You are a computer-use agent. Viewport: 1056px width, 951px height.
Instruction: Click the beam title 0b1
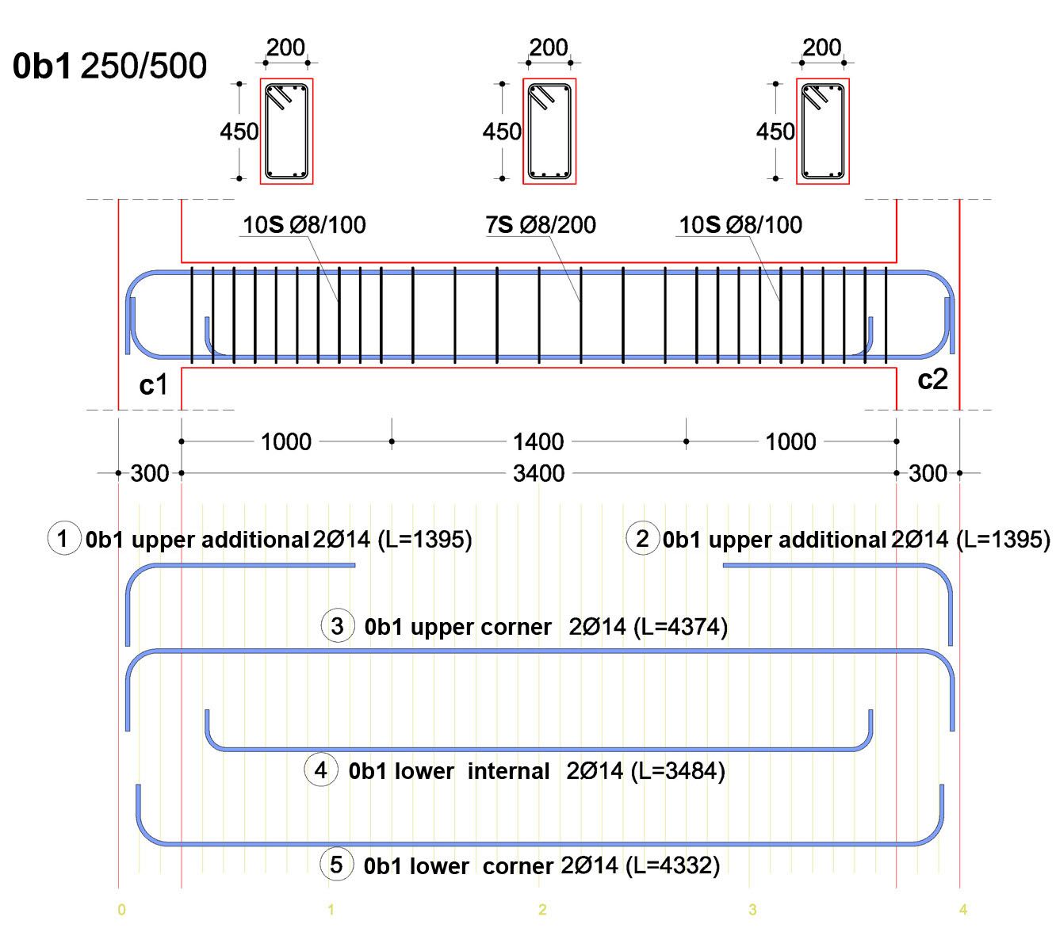tap(41, 67)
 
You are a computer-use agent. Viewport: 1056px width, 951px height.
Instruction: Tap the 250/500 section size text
tap(143, 67)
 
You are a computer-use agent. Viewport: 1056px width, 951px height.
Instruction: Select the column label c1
tap(153, 384)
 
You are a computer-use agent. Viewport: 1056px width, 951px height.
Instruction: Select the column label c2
tap(932, 380)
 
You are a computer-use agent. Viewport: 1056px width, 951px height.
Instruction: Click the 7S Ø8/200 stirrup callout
tap(541, 225)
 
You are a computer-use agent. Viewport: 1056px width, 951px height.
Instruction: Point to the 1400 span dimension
tap(538, 441)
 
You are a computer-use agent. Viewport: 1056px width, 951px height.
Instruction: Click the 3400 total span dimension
tap(539, 473)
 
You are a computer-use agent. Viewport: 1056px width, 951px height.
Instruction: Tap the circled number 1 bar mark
tap(63, 538)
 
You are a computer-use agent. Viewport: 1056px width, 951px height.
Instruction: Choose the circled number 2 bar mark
tap(642, 538)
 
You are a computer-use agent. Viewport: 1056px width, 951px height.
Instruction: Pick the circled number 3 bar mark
tap(338, 626)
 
